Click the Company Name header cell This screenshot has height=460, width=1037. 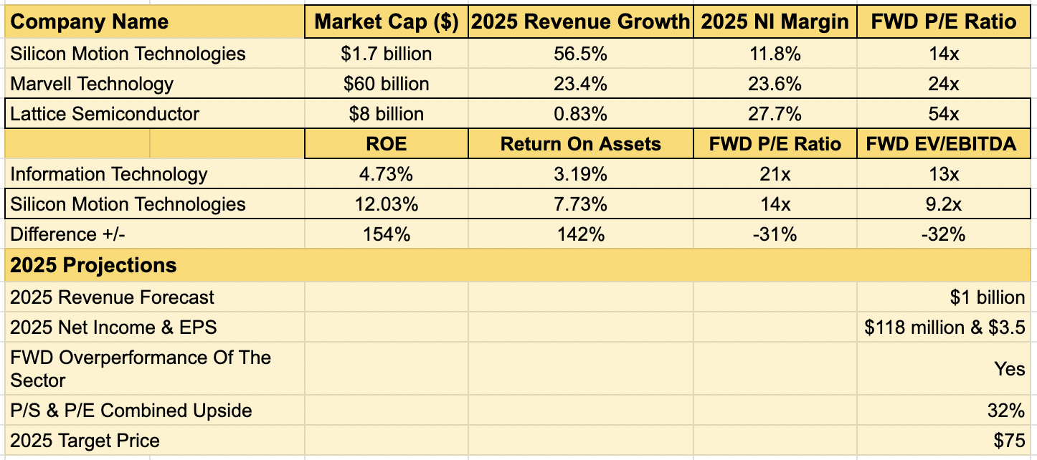pyautogui.click(x=90, y=21)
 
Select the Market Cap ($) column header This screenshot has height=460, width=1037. pyautogui.click(x=387, y=21)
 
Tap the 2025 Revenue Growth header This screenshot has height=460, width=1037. pyautogui.click(x=580, y=21)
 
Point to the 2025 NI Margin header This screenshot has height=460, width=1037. pyautogui.click(x=775, y=21)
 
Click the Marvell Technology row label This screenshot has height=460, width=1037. pyautogui.click(x=92, y=84)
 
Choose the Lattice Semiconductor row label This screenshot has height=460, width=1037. pyautogui.click(x=105, y=114)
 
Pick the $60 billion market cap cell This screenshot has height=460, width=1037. pyautogui.click(x=387, y=84)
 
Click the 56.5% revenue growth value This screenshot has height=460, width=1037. pyautogui.click(x=580, y=54)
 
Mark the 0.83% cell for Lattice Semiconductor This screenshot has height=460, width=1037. pyautogui.click(x=580, y=114)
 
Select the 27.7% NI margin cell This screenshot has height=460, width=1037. pyautogui.click(x=775, y=114)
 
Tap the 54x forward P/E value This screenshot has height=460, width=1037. pyautogui.click(x=944, y=114)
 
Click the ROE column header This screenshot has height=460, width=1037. pyautogui.click(x=387, y=144)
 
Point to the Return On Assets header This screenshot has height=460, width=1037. pyautogui.click(x=580, y=144)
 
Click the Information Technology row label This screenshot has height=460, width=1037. pyautogui.click(x=109, y=174)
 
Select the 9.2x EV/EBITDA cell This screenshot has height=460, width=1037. pyautogui.click(x=944, y=204)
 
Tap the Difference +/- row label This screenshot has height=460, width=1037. pyautogui.click(x=64, y=234)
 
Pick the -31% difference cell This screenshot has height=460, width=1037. pyautogui.click(x=775, y=234)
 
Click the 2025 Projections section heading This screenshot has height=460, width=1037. pyautogui.click(x=93, y=265)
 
